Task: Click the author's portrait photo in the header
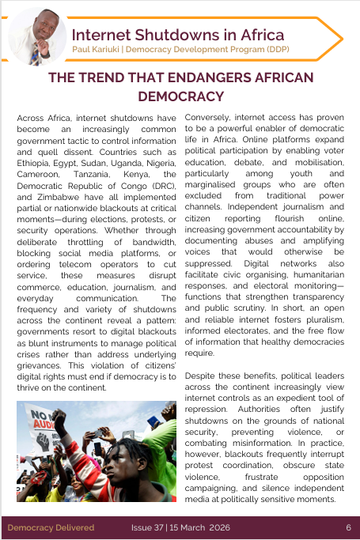point(37,36)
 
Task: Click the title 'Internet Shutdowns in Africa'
point(178,35)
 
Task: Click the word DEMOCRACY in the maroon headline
point(180,96)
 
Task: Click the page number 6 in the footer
point(348,527)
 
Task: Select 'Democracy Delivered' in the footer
point(51,527)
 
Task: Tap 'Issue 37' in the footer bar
point(148,527)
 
